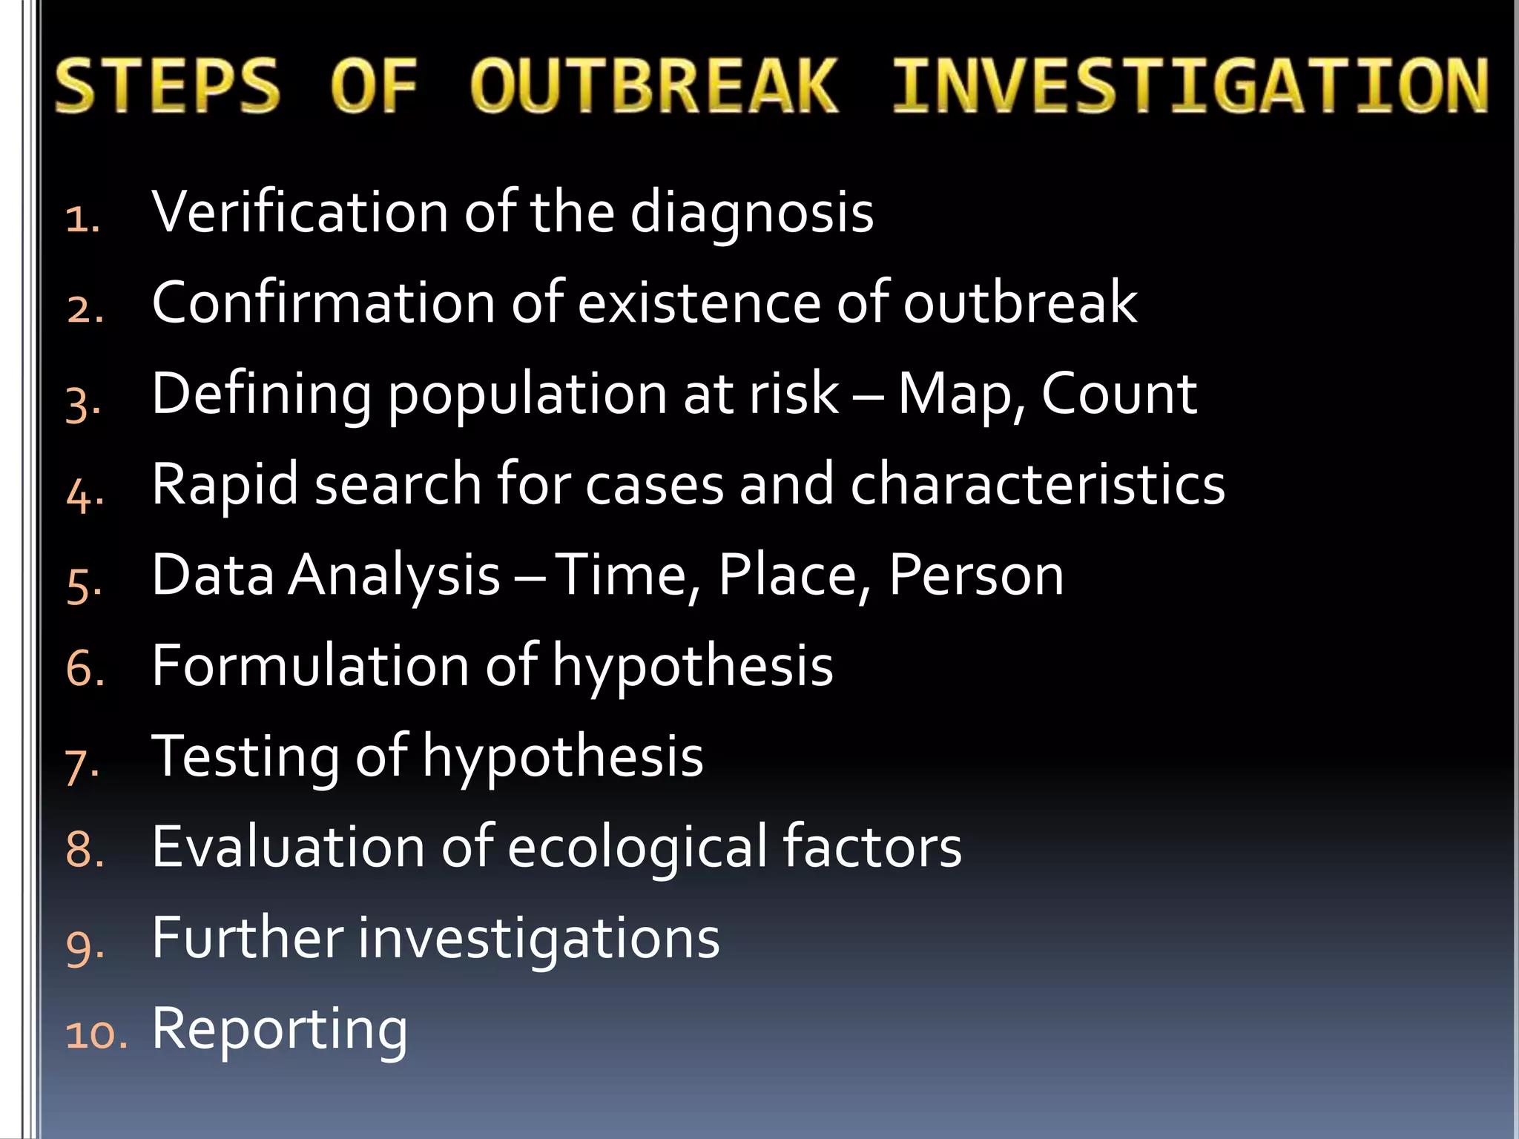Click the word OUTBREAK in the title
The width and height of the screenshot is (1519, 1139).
point(653,87)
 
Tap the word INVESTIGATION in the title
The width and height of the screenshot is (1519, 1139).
point(1190,87)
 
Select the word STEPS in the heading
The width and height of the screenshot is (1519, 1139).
point(168,87)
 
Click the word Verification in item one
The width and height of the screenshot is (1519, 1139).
point(300,212)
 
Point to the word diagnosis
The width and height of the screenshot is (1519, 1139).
point(751,214)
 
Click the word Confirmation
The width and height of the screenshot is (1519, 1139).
point(323,303)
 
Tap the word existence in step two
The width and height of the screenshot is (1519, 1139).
point(699,303)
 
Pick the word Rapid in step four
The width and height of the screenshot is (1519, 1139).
point(225,486)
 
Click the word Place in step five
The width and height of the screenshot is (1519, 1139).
point(788,575)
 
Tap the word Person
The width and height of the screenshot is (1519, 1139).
point(975,575)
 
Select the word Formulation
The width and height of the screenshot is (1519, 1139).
point(310,666)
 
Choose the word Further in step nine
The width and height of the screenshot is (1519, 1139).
point(247,938)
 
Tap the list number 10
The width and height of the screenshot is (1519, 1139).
point(95,1034)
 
